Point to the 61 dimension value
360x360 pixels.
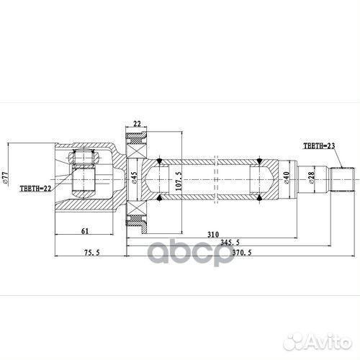[84, 230]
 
